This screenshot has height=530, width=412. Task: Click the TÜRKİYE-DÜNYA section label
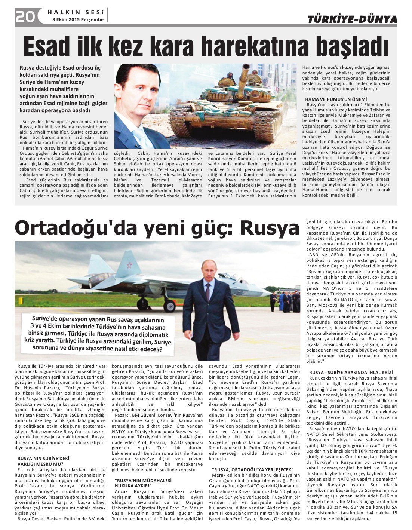(352, 19)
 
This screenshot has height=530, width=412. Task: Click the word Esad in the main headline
(48, 46)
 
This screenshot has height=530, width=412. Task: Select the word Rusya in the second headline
(270, 227)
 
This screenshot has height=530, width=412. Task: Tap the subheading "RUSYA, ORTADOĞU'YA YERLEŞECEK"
(252, 469)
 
